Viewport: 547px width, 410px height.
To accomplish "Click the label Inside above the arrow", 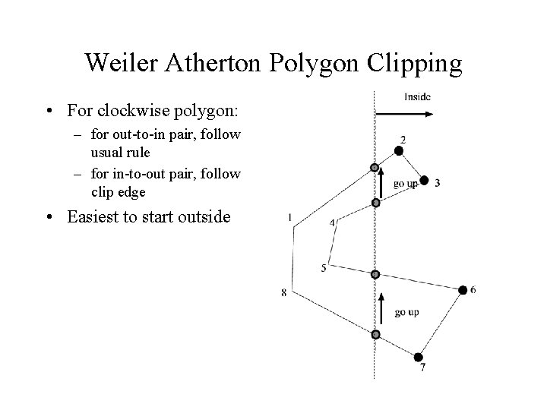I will point(417,96).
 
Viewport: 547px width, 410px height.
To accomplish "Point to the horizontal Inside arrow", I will point(404,114).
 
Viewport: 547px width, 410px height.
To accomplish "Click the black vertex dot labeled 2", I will point(399,151).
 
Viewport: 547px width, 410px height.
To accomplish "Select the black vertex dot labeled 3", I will point(425,180).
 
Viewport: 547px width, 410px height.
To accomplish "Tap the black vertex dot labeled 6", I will point(463,290).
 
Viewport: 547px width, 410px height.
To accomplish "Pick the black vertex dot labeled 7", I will point(419,356).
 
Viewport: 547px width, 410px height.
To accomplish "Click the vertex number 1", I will point(290,218).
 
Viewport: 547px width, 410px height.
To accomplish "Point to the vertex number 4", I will point(332,222).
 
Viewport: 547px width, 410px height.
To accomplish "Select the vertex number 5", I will point(324,268).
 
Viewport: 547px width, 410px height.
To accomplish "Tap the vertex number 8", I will point(283,293).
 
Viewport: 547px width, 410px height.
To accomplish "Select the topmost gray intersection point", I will point(374,168).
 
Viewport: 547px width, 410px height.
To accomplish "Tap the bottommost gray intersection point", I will point(375,334).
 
